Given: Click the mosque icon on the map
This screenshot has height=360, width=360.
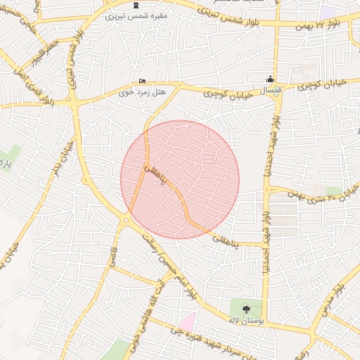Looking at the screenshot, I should (x=269, y=79).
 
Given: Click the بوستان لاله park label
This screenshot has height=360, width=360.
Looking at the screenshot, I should (x=245, y=320).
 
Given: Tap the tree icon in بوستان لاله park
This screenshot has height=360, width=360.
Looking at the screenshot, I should (x=245, y=309).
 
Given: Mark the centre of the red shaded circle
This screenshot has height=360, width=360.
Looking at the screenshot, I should (x=180, y=179).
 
